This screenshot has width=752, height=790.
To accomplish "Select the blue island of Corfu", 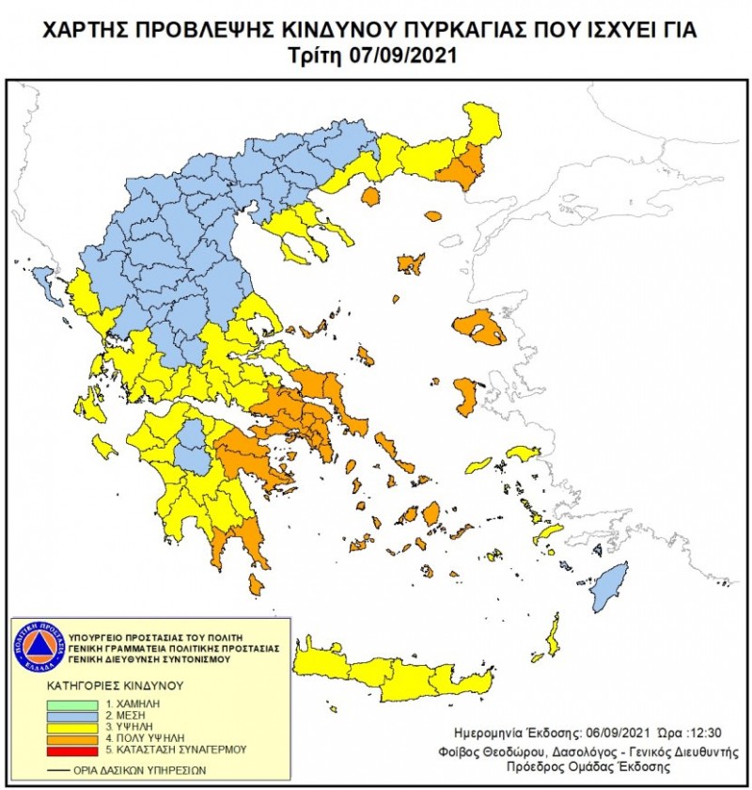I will click(42, 279).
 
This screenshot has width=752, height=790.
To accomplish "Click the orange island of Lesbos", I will click(478, 326).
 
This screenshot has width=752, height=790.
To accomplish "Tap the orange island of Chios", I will click(465, 396).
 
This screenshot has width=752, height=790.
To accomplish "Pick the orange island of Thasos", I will click(369, 197).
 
